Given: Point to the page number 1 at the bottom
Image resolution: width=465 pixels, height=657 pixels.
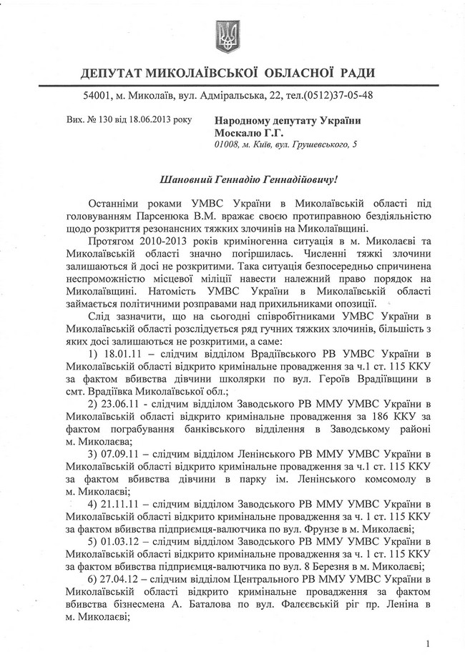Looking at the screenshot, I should [426, 643].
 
